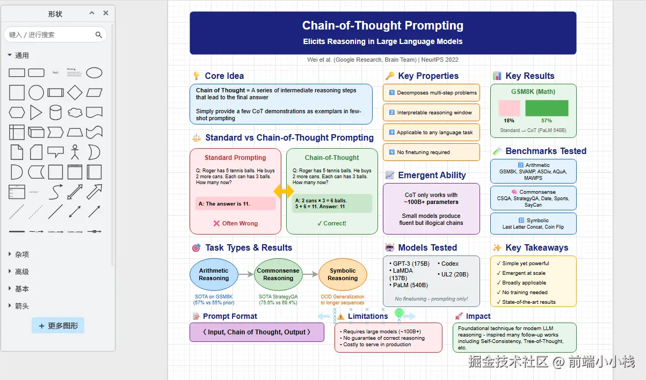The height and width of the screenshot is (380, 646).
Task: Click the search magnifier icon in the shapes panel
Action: (99, 35)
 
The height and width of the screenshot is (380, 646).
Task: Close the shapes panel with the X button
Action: (106, 13)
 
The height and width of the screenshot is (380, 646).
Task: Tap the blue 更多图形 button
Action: (58, 325)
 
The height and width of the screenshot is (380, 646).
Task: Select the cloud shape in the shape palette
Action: (75, 112)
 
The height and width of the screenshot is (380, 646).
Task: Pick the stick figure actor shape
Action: (75, 152)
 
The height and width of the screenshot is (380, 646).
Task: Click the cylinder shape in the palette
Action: (55, 112)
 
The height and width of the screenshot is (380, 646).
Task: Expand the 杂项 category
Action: (21, 254)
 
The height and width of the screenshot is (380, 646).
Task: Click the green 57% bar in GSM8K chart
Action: (547, 108)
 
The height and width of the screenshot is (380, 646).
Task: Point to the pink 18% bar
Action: (509, 108)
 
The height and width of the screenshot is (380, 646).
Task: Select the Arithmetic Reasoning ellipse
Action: (214, 274)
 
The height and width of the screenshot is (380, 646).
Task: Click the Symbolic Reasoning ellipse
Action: (343, 274)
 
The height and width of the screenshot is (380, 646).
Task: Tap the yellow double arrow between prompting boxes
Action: (284, 191)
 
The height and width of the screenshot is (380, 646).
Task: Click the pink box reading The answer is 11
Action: (235, 203)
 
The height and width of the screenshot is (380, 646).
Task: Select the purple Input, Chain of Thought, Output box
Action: (257, 332)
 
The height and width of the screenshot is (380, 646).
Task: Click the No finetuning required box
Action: (431, 152)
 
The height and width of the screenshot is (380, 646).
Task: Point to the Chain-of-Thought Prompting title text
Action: (382, 26)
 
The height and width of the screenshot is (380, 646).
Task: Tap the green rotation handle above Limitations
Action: (399, 312)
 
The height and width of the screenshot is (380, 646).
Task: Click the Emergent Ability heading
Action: (432, 176)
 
